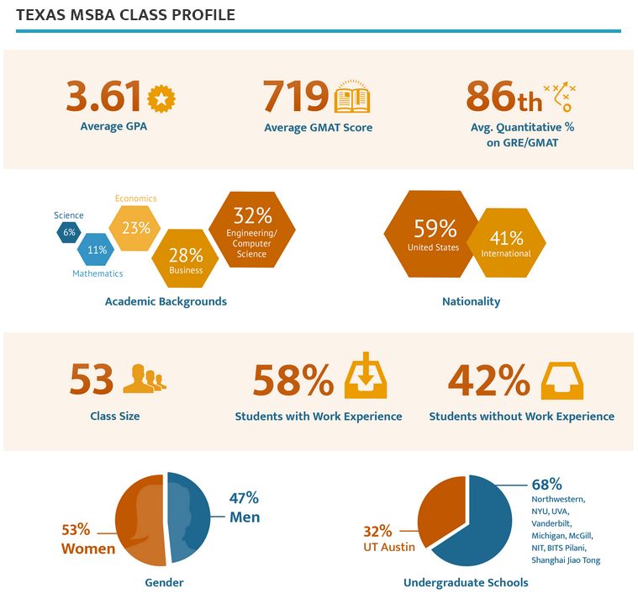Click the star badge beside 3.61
point(161,98)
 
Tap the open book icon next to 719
point(352,98)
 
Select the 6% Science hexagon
point(69,232)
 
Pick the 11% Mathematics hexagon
point(97,250)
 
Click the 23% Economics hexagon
point(135,227)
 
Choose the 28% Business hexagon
point(186,257)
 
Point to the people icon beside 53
point(145,379)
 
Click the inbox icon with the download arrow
point(366,380)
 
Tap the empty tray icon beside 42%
point(562,380)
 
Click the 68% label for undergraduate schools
point(546,485)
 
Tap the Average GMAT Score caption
point(318,128)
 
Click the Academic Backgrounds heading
point(166,301)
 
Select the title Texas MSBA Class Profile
point(125,15)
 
